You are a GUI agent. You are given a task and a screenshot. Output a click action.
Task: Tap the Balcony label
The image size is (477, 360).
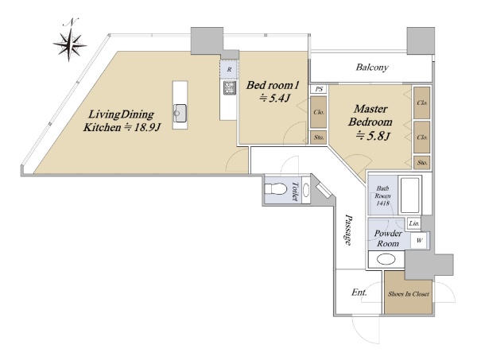click(x=372, y=68)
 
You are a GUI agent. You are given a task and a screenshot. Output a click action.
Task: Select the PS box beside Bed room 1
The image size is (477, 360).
click(x=319, y=89)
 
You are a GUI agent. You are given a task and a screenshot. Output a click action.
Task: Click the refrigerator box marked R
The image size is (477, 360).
click(x=229, y=70)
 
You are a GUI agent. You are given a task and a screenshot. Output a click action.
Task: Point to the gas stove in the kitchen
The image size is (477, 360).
click(x=230, y=87)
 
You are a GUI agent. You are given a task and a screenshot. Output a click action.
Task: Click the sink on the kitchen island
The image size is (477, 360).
click(x=180, y=113)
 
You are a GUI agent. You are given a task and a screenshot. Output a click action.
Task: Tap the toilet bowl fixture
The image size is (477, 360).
click(x=276, y=189)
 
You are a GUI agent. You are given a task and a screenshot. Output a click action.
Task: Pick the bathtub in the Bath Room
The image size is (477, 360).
click(x=409, y=195)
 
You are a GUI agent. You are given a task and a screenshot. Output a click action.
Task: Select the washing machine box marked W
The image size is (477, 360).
click(x=419, y=241)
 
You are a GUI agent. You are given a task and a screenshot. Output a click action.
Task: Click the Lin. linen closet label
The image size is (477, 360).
click(x=414, y=223)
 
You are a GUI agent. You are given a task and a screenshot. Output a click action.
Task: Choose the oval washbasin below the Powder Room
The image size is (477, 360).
click(x=386, y=260)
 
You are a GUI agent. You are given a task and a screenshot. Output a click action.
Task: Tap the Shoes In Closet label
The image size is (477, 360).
click(x=409, y=294)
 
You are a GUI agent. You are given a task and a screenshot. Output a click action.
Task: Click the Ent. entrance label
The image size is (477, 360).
click(x=359, y=292)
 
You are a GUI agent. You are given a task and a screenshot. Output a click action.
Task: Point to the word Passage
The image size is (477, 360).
click(x=349, y=230)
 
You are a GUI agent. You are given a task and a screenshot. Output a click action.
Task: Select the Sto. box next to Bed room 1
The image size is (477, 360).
click(x=319, y=137)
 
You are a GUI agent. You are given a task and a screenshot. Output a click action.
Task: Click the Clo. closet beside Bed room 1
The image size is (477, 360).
click(x=319, y=112)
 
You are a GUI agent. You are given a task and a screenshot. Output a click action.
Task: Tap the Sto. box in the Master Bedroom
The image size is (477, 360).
click(x=422, y=163)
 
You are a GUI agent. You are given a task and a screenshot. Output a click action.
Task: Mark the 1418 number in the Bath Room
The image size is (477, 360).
click(x=382, y=203)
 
